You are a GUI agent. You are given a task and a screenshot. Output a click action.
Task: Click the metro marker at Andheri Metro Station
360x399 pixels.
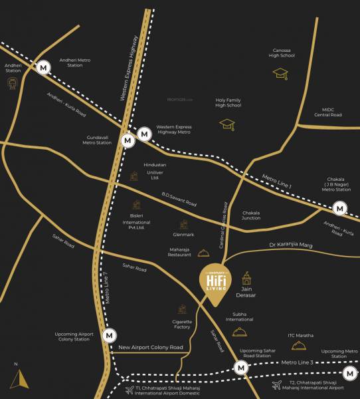[44, 67]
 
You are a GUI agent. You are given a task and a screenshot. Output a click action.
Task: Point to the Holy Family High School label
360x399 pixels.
[228, 101]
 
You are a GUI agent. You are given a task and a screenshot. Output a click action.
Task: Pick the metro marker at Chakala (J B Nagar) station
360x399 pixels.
[340, 208]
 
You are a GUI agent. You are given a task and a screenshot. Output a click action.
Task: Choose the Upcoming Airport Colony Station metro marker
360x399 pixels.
[109, 336]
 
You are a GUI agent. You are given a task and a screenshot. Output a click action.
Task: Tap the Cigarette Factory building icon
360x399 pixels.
[182, 309]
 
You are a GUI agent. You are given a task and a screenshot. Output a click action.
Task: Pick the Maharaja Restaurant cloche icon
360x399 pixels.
[192, 251]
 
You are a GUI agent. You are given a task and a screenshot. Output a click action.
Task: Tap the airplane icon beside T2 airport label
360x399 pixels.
[276, 385]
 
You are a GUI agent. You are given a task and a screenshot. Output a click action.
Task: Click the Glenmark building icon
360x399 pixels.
[182, 225]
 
